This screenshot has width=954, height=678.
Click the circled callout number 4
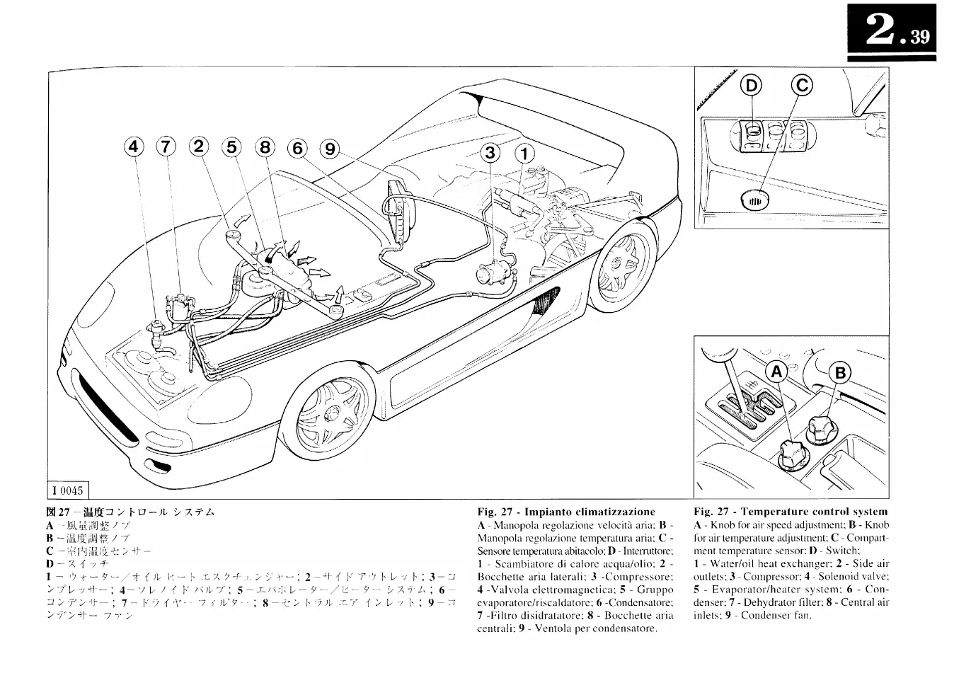coord(134,147)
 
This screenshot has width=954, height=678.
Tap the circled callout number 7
coord(166,147)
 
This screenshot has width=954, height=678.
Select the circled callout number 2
coord(198,147)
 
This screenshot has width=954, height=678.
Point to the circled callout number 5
coord(231,147)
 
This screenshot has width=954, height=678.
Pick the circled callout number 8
coord(265,148)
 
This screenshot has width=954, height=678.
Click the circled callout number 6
coord(297,149)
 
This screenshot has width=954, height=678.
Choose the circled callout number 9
coord(329,149)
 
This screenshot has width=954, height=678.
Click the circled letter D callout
coord(752,86)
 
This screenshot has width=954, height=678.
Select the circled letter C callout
coord(802,86)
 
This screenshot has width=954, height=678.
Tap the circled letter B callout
coord(841,373)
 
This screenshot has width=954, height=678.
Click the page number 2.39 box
coord(892,35)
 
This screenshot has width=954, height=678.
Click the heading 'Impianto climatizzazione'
coord(566,512)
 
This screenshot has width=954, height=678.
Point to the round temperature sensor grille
coord(754,200)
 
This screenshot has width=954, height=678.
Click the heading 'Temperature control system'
coord(791,512)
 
